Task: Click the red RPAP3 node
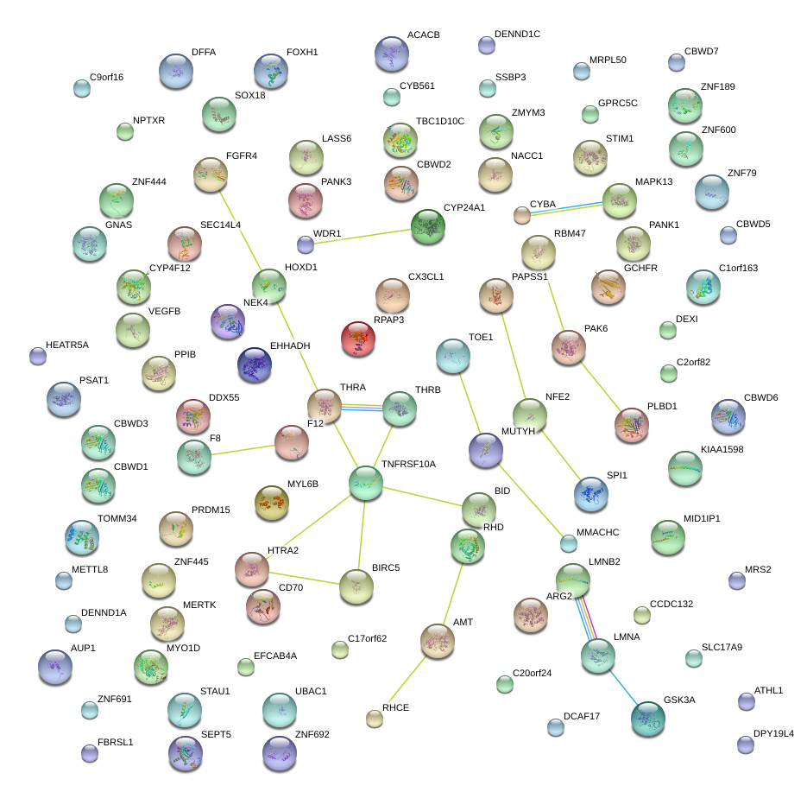358,339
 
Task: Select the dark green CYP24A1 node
428,226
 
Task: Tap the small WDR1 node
306,244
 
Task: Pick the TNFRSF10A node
366,484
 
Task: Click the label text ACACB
423,35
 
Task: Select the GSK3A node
648,719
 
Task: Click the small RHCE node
374,718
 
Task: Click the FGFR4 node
210,174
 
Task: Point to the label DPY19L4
773,734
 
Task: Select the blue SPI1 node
591,493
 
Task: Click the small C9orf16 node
82,87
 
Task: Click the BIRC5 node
356,586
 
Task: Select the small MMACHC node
568,543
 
